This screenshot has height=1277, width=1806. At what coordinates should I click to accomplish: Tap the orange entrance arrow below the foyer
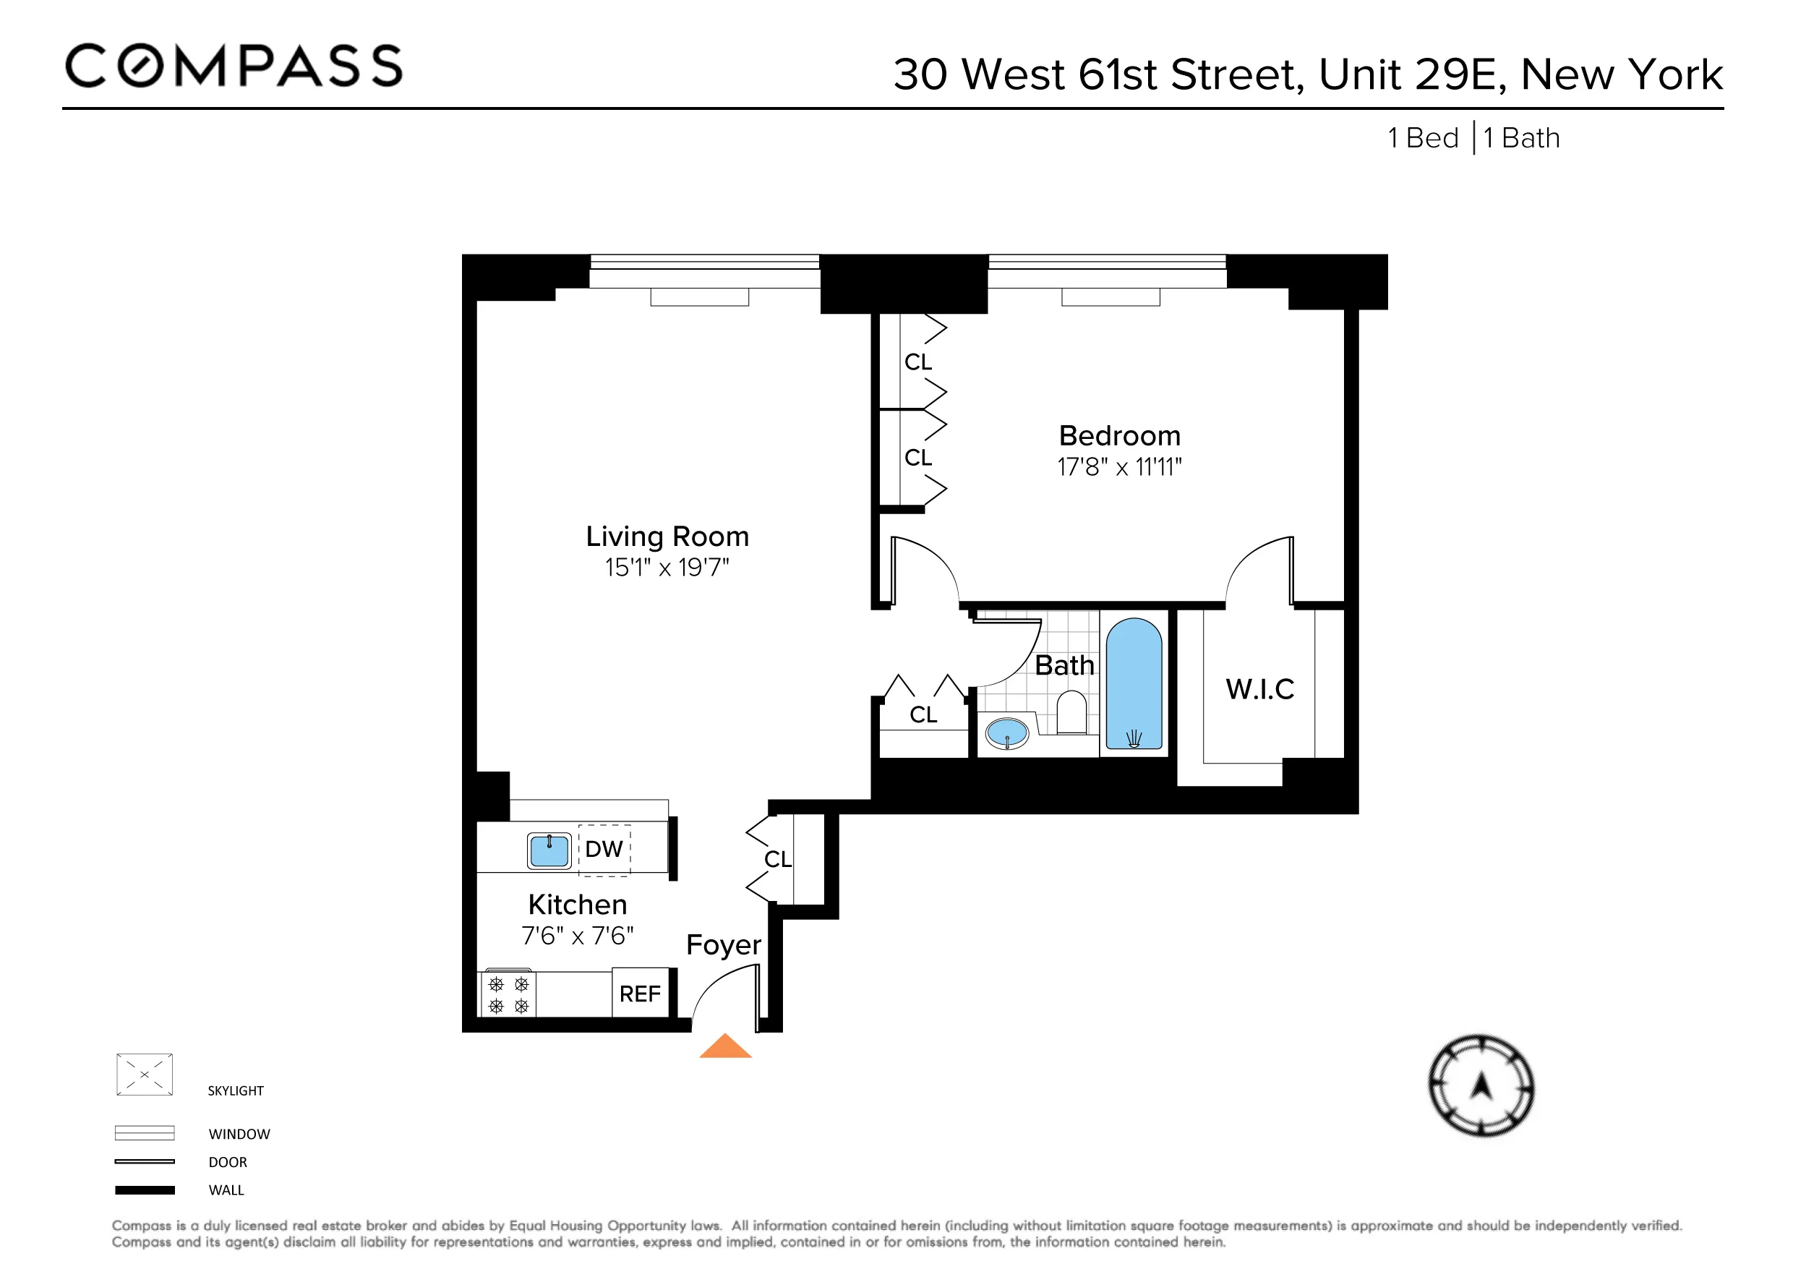pos(725,1047)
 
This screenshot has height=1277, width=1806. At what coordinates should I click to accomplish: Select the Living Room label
pos(667,537)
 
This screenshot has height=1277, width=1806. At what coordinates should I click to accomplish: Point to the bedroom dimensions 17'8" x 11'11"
pos(1119,467)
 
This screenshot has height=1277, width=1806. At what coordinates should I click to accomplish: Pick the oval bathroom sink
pos(1007,734)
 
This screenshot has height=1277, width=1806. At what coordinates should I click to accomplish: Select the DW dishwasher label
pos(604,849)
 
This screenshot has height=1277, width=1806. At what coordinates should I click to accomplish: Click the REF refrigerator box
pos(641,994)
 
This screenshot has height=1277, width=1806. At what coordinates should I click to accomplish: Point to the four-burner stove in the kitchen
pos(508,994)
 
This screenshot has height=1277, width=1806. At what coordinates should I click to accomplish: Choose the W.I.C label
pos(1259,689)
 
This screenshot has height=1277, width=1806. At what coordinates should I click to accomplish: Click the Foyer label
pos(724,944)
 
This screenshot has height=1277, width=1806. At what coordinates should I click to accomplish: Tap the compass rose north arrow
pos(1481,1087)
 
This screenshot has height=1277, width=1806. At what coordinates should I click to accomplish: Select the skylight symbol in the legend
pos(145,1074)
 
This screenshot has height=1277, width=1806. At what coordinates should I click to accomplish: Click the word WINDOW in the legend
pos(239,1134)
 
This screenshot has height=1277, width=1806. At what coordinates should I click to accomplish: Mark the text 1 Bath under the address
pos(1521,139)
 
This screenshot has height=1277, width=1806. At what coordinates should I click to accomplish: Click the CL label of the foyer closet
pos(778,859)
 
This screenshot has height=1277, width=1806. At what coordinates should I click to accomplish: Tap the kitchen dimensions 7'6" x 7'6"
pos(578,936)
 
